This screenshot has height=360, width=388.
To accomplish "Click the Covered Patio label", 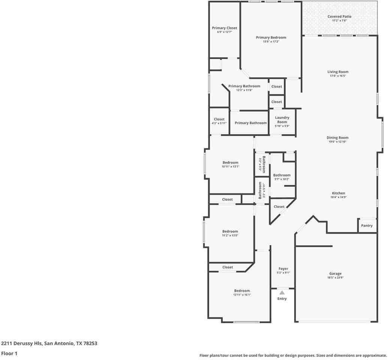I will (339, 16).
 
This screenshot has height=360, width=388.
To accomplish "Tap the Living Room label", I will (338, 72).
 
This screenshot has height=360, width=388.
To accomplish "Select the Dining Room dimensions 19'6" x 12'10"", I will (337, 142).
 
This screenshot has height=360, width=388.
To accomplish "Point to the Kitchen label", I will (338, 193).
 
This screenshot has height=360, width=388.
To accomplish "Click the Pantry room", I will (367, 225).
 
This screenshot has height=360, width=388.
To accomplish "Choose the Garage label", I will (336, 273).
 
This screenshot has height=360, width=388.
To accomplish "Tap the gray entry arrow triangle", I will (282, 292).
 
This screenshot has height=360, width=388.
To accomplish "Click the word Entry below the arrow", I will (282, 299).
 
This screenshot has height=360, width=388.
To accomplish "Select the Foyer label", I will (283, 268).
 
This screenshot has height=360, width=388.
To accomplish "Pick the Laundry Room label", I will (282, 120).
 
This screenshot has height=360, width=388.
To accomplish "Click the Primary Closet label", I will (225, 28).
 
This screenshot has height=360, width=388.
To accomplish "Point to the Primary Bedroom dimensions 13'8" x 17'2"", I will (271, 42).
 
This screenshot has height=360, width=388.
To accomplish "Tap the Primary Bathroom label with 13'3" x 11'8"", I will (244, 86).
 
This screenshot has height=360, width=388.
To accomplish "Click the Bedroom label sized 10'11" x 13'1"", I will (230, 162).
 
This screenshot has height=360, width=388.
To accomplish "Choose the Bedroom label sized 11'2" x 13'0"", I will (230, 231).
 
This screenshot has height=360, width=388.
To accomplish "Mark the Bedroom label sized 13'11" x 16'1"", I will (242, 291).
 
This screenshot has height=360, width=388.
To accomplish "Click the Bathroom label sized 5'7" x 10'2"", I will (282, 175).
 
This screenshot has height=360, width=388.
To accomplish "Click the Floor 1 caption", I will (9, 353).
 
